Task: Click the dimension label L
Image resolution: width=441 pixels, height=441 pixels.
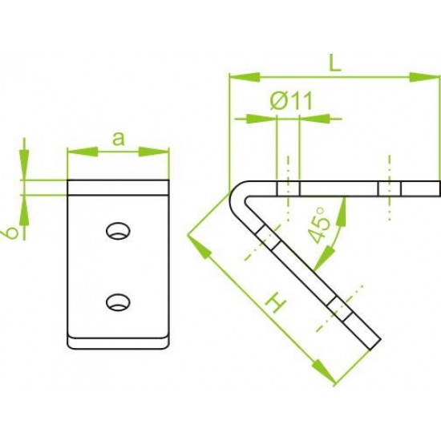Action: pos(334,63)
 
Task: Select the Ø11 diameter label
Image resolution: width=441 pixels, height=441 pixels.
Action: pos(291,101)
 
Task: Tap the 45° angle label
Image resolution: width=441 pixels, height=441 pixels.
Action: pos(318,225)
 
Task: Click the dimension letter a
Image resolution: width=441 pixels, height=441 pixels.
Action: pos(118,139)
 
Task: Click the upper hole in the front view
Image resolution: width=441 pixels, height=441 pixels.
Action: pos(118,231)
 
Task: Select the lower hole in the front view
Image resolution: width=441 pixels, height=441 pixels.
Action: pos(118,302)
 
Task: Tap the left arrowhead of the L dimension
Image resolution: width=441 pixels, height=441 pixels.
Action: pos(245,77)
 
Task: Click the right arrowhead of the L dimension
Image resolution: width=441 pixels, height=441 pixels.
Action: pos(424,77)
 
